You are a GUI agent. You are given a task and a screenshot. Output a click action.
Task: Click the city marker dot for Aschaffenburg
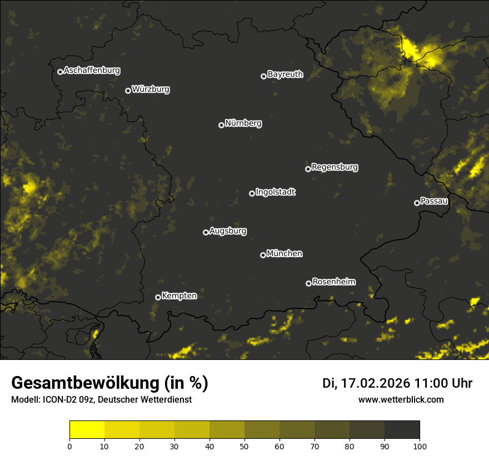60,72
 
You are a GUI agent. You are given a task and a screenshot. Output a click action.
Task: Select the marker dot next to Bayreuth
264,76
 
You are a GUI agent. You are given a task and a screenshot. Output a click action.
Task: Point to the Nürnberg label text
243,123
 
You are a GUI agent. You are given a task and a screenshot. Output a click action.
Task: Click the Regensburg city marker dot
308,169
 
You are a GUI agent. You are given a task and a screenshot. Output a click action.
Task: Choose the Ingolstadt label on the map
275,192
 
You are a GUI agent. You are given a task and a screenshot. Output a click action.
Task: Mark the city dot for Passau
417,203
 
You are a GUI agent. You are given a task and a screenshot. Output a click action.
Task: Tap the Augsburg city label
228,231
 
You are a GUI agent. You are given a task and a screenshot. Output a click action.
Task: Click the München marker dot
263,255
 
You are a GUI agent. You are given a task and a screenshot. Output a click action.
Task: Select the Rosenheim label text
333,282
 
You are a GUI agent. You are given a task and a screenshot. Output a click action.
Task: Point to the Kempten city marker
158,297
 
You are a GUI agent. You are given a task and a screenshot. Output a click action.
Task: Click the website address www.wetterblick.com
401,399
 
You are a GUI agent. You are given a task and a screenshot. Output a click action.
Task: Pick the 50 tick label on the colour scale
244,445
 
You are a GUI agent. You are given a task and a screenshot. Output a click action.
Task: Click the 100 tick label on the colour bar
420,445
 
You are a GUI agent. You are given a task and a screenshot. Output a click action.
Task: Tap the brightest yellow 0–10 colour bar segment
87,430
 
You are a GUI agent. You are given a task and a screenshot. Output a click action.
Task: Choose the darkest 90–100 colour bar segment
402,430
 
